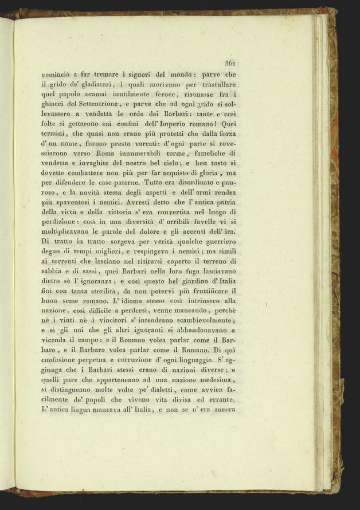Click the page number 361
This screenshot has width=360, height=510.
(231, 64)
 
